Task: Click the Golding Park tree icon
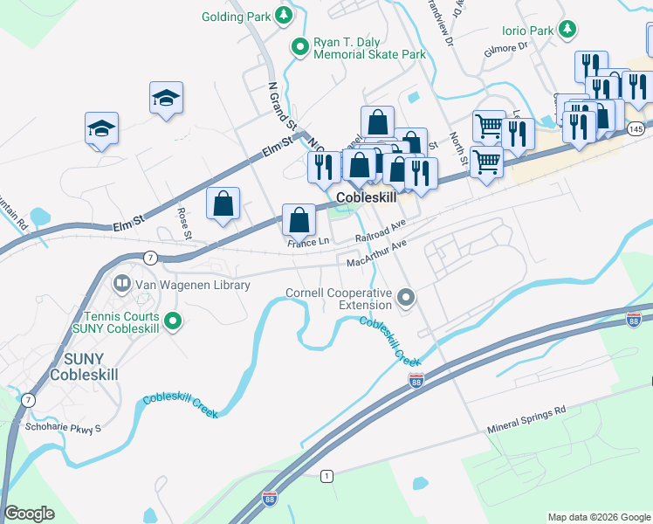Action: click(x=283, y=16)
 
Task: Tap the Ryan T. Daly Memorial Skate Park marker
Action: click(x=300, y=47)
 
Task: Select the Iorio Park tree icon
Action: click(x=567, y=31)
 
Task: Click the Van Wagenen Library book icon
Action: click(x=121, y=284)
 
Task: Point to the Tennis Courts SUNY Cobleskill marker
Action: click(x=173, y=323)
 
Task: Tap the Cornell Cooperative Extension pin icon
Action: click(x=405, y=299)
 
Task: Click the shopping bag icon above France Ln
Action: click(x=299, y=220)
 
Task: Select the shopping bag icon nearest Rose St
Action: click(x=223, y=203)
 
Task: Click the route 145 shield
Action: click(x=636, y=129)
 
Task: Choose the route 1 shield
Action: click(x=326, y=475)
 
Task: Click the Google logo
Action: click(x=29, y=513)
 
